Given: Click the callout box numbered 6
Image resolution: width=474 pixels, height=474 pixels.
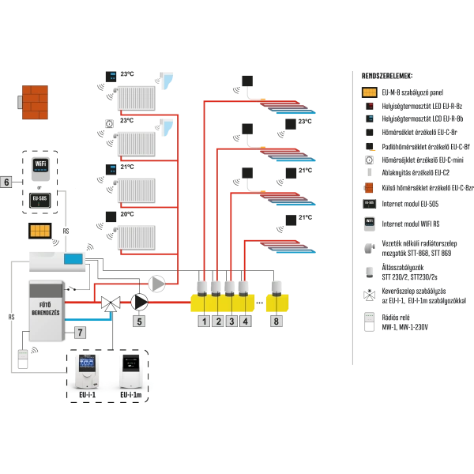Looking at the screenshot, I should click(x=7, y=182).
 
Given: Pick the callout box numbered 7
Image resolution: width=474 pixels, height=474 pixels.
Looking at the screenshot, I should click(x=80, y=333).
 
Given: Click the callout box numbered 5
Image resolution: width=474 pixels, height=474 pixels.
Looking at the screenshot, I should click(x=139, y=322).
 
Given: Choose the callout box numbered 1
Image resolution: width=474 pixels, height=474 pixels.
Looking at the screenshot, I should click(x=203, y=322).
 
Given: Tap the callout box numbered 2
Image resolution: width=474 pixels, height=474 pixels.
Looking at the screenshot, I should click(x=217, y=322).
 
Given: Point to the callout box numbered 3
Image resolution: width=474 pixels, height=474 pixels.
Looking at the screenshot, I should click(x=231, y=322).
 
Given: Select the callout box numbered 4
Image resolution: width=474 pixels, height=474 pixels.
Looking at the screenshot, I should click(x=246, y=322).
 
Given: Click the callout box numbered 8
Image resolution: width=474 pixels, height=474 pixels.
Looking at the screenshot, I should click(x=276, y=322).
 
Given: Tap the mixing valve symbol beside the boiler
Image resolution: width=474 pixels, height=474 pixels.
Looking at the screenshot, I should click(x=111, y=303).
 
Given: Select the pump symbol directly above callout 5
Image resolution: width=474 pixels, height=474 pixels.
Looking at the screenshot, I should click(x=140, y=302).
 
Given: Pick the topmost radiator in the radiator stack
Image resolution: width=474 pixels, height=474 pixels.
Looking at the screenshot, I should click(x=136, y=98).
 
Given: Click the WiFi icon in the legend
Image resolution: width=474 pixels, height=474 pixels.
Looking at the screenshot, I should click(x=368, y=222).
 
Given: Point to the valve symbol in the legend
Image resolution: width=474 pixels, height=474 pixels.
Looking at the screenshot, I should click(x=368, y=297).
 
